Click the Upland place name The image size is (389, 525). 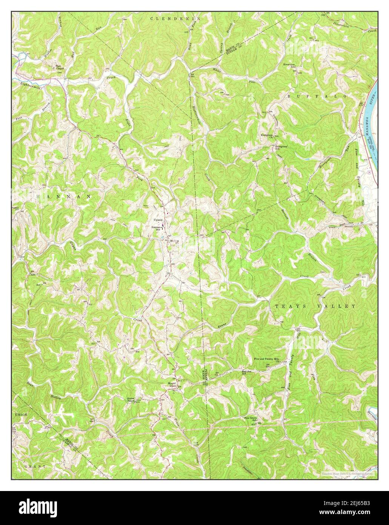point(158,220)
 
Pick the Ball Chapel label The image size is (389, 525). point(60,67)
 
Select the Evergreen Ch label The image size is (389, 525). point(267,136)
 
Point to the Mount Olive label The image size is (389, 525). point(172,384)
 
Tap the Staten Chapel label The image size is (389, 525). point(131,400)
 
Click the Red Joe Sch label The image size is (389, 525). point(247,372)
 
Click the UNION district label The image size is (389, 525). point(22,415)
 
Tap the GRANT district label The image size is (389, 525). point(35,467)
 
